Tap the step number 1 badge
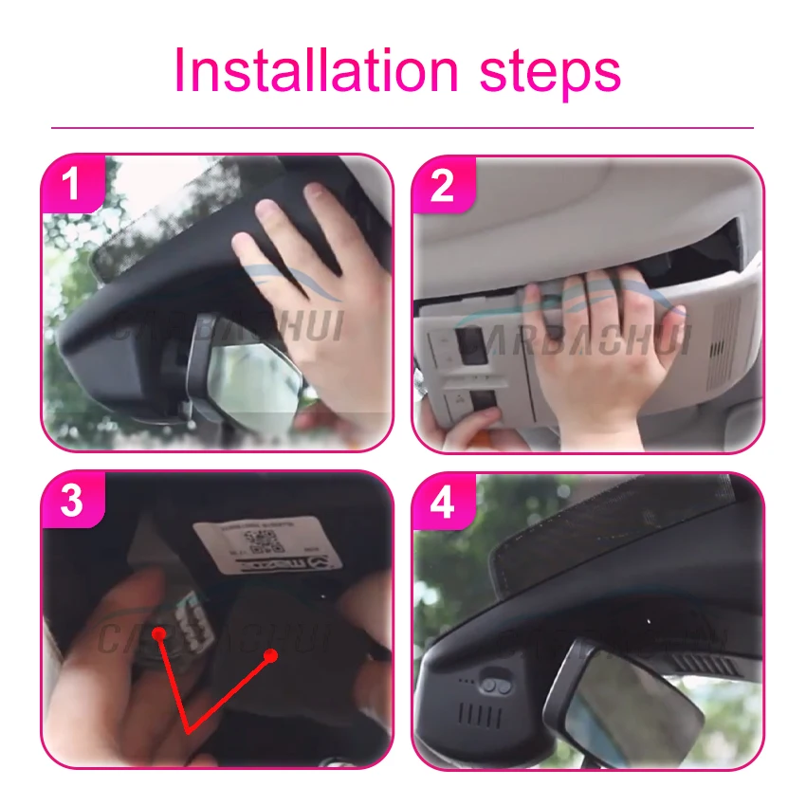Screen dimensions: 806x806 pos(71,185)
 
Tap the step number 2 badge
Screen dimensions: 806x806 pos(442,185)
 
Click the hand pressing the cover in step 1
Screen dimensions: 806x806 pos(313,284)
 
